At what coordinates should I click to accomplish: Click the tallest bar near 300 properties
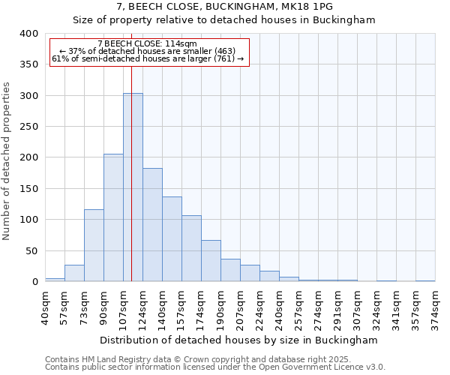[x=133, y=187]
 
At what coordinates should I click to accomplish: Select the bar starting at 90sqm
[x=113, y=217]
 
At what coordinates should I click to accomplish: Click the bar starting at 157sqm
[x=191, y=248]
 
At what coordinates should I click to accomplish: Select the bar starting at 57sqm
[x=74, y=273]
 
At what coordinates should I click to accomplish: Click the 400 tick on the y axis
[x=29, y=34]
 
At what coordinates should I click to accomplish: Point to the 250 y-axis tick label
[x=29, y=127]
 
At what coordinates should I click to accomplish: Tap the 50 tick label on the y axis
[x=32, y=250]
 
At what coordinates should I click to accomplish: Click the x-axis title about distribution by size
[x=238, y=340]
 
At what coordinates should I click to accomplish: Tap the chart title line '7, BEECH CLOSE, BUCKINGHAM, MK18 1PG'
[x=224, y=6]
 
